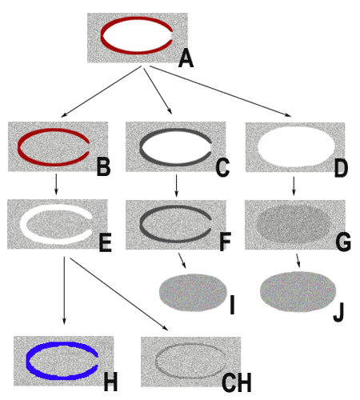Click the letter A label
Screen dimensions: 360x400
(x=186, y=59)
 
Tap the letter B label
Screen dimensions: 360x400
(x=103, y=167)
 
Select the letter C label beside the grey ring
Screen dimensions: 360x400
(x=222, y=168)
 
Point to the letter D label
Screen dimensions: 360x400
(x=341, y=168)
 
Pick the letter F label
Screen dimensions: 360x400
(x=226, y=242)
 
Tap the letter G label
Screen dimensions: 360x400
(x=343, y=242)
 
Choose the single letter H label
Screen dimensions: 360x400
(x=110, y=382)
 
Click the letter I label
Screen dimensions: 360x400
(x=232, y=305)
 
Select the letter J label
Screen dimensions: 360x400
(x=338, y=313)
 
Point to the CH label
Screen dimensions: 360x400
(x=237, y=382)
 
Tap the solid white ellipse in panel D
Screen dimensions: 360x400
(x=296, y=146)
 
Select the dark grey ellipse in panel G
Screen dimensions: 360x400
(x=293, y=223)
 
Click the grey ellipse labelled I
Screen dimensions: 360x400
(x=193, y=293)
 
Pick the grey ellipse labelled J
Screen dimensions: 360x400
(x=298, y=292)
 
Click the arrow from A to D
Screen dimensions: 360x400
(x=220, y=91)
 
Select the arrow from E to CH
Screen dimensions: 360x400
(x=119, y=294)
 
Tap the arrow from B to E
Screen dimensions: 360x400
(x=56, y=184)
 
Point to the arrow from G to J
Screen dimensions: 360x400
(x=298, y=261)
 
